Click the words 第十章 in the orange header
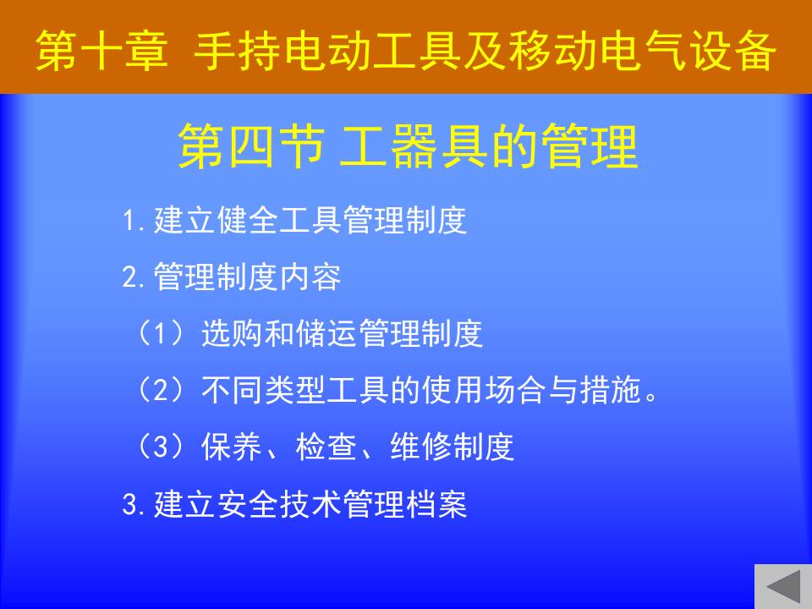tap(102, 50)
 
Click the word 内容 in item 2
tap(310, 277)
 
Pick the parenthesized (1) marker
tap(160, 333)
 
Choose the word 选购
tap(233, 333)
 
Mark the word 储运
tap(327, 333)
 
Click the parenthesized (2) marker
tap(160, 390)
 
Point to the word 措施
tap(611, 390)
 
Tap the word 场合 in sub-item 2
tap(516, 390)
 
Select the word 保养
tap(233, 447)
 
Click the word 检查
tap(327, 447)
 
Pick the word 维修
tap(422, 447)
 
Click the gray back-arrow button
tap(783, 587)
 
